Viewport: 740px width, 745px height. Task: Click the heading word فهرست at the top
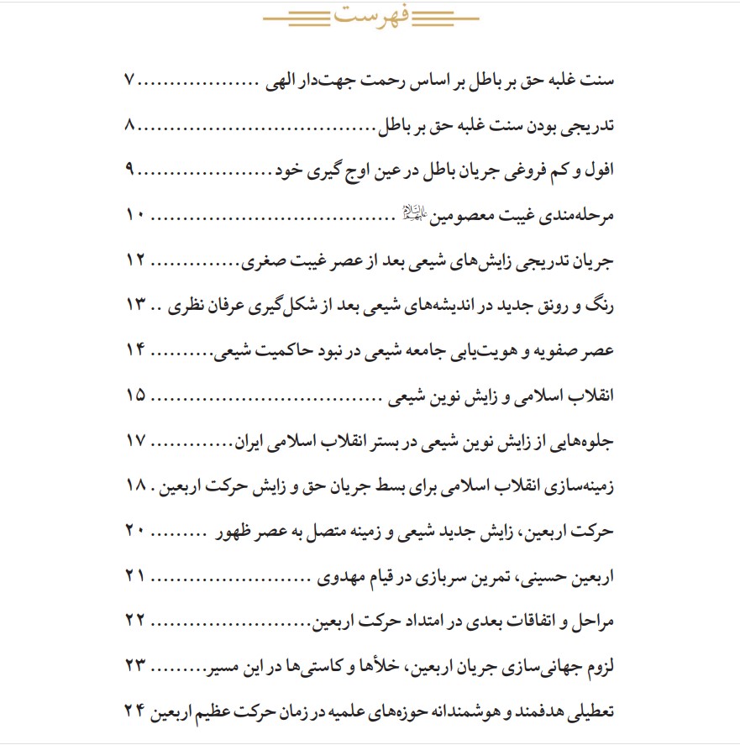click(370, 16)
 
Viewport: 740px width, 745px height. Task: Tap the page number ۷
click(129, 82)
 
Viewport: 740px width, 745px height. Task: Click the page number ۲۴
click(135, 712)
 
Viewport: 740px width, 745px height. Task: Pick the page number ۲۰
click(135, 531)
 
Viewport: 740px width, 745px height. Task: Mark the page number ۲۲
click(135, 622)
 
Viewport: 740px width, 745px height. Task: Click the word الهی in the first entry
click(286, 82)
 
